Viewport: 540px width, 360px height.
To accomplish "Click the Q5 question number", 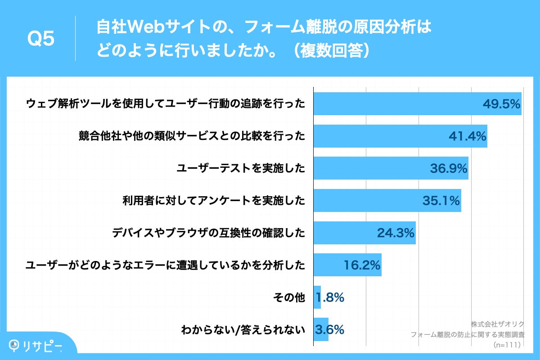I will pos(41,39).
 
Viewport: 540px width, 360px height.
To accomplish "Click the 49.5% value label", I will pos(501,104).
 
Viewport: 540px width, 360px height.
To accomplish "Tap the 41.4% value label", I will pos(468,136).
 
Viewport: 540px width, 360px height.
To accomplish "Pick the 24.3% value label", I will pos(395,233).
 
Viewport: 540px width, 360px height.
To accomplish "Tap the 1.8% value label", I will pos(330,297).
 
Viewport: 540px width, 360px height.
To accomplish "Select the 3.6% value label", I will pos(330,330).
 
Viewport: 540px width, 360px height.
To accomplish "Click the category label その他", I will pos(289,297).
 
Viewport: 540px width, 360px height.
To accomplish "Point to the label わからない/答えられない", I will pos(243,330).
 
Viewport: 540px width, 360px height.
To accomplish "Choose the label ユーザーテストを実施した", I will pos(241,169).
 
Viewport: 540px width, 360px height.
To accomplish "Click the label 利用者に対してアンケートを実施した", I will pos(214,201).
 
